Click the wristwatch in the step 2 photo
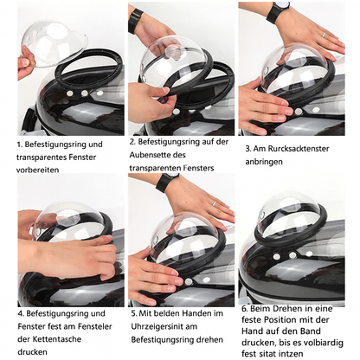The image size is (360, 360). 135,20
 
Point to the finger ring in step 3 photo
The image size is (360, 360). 324,35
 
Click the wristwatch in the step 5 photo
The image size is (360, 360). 166,182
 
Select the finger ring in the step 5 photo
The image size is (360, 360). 215,203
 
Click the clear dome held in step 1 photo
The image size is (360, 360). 55,44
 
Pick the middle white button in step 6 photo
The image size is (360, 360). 292,255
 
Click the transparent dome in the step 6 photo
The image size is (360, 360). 288,213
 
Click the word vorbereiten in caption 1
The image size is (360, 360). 37,170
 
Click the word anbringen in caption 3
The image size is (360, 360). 264,162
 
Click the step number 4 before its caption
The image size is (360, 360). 20,313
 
